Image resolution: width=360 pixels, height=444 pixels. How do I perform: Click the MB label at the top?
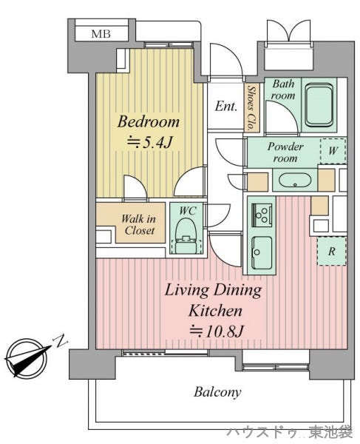click(x=101, y=34)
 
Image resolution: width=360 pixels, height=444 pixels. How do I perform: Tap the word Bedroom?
click(x=149, y=122)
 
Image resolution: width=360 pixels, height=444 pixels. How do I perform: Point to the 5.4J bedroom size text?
click(x=149, y=142)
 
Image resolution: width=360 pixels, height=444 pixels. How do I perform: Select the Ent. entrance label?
click(x=225, y=107)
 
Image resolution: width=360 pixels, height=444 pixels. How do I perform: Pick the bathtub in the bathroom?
click(x=319, y=105)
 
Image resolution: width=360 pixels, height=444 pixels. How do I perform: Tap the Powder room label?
click(x=285, y=152)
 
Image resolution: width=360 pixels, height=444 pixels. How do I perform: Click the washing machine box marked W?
click(x=333, y=151)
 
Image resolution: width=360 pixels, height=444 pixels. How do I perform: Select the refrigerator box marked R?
click(x=331, y=251)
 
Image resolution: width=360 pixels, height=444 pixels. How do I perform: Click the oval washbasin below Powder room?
click(x=295, y=180)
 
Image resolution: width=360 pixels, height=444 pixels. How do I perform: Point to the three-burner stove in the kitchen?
click(x=262, y=215)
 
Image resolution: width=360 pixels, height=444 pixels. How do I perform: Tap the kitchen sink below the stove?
click(x=262, y=253)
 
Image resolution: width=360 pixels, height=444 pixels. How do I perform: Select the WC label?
click(x=188, y=211)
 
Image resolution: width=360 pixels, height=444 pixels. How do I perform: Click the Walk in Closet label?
click(x=138, y=225)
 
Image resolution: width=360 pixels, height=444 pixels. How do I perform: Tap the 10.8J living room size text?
click(x=216, y=331)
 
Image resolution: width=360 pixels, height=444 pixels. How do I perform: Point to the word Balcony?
click(x=217, y=392)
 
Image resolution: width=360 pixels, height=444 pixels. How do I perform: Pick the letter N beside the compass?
click(x=61, y=341)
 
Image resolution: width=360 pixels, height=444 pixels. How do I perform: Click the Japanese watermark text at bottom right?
click(x=290, y=433)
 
